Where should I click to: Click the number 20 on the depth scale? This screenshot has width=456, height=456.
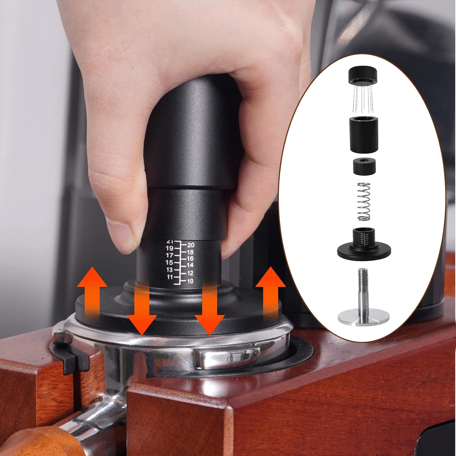point(191,245)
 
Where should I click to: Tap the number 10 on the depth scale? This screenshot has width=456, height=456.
point(190,281)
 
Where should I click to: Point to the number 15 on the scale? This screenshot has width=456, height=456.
point(169,262)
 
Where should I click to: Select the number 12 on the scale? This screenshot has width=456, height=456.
point(190,273)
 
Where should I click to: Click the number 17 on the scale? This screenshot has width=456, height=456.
point(169,255)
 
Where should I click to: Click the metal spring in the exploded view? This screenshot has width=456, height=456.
point(364,202)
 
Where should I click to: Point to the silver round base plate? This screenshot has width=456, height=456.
point(364,317)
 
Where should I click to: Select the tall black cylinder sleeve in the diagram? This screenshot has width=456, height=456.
point(364,134)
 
